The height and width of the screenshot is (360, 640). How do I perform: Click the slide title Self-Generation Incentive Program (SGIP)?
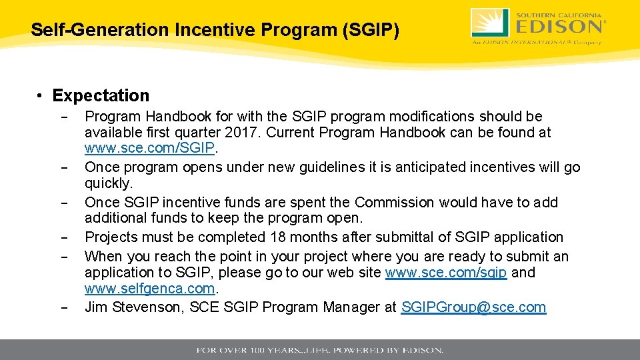(x=215, y=30)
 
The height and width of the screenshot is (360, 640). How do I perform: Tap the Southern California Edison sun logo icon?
(x=491, y=23)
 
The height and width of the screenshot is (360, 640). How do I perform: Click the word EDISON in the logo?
(x=559, y=27)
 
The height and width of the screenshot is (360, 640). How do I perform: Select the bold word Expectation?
(x=101, y=95)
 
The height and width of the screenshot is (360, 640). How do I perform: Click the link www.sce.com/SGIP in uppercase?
(x=150, y=148)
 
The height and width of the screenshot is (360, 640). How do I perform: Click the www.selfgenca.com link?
(x=150, y=289)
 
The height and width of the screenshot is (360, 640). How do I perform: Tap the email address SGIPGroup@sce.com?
(x=473, y=307)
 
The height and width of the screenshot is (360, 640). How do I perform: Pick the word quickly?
(x=109, y=183)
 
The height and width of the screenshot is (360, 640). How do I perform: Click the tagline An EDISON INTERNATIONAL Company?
(x=537, y=42)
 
